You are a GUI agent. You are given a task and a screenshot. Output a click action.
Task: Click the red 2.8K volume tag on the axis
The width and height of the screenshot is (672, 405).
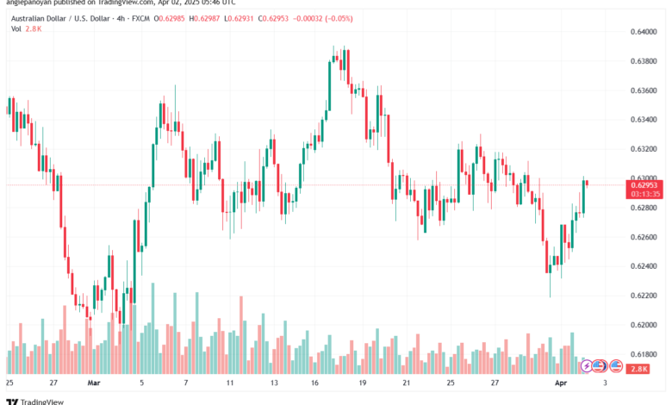click(x=639, y=368)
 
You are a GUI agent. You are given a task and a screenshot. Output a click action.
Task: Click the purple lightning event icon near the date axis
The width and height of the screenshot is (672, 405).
click(x=586, y=365)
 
